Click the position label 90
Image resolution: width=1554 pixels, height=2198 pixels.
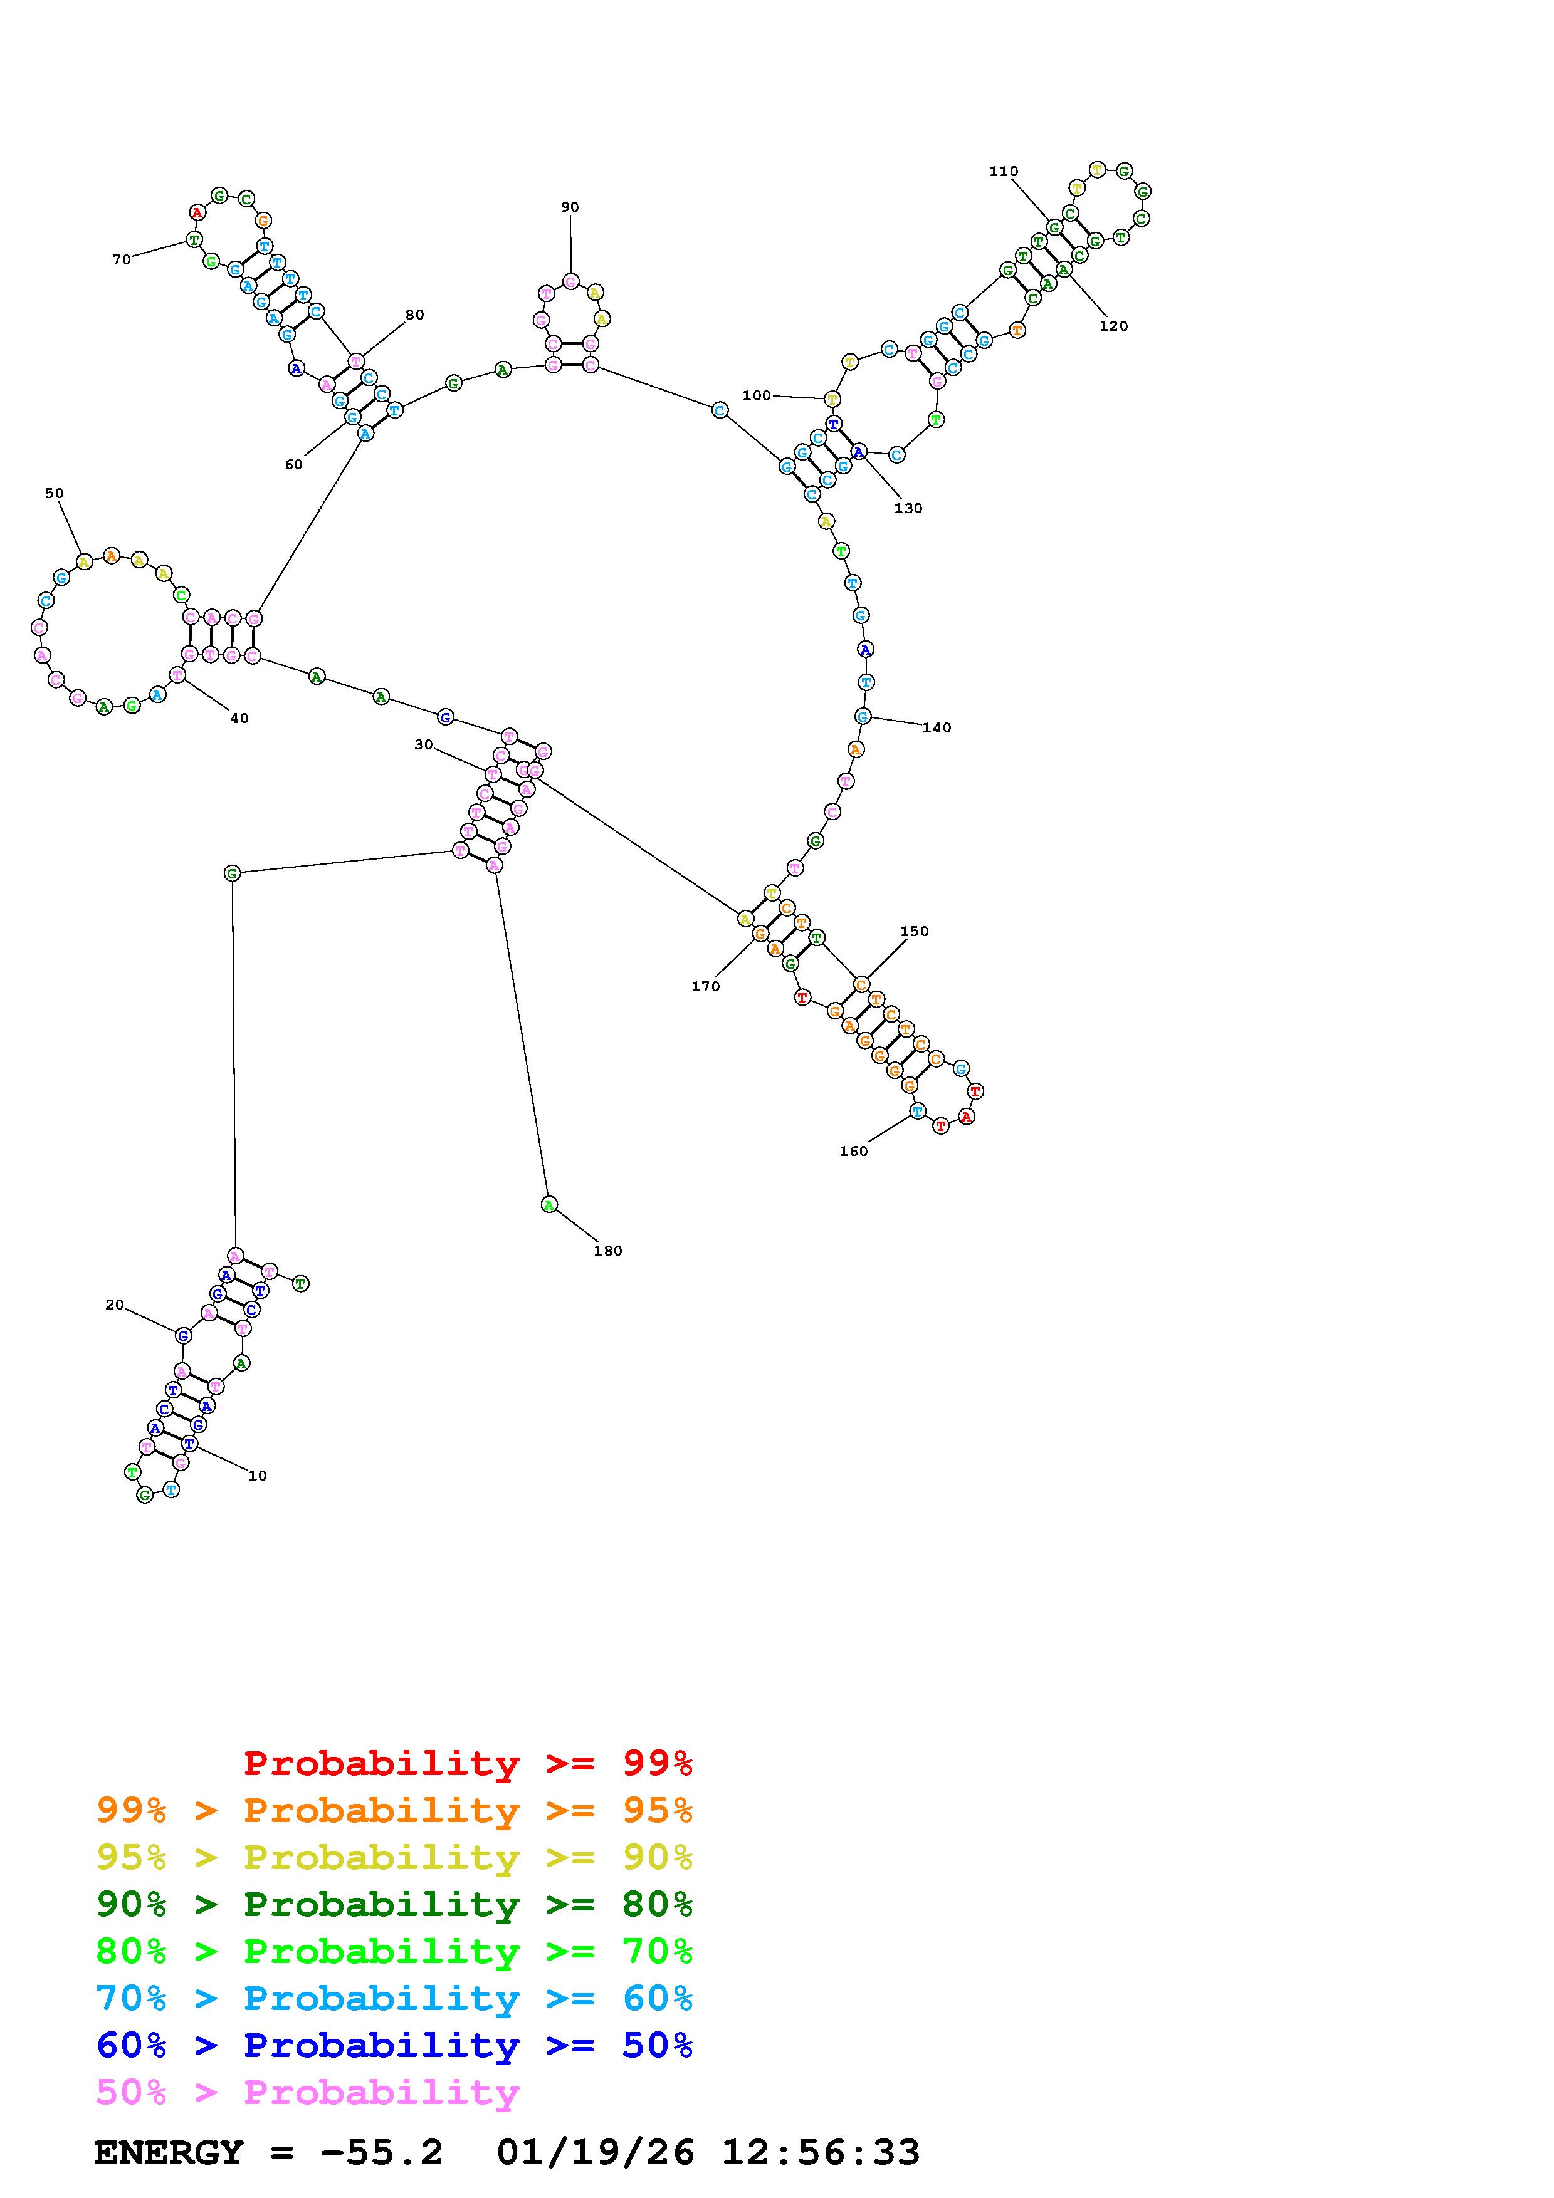point(570,207)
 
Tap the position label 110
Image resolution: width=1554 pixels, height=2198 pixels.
point(1004,171)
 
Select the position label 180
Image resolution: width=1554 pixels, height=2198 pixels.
point(608,1250)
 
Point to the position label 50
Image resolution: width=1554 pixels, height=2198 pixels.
point(55,493)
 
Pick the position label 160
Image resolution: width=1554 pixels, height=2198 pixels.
point(853,1151)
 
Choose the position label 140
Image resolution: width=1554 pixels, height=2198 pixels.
point(937,727)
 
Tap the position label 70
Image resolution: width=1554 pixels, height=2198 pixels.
point(122,259)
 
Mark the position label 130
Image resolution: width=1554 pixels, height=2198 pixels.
point(908,508)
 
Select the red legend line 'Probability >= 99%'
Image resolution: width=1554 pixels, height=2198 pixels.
point(468,1763)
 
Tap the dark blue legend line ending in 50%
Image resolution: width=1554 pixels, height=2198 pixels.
point(394,2045)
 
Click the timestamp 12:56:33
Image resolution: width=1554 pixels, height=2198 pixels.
point(821,2152)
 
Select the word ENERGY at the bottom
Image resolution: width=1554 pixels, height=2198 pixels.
point(169,2152)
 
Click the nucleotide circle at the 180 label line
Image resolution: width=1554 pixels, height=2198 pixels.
point(549,1204)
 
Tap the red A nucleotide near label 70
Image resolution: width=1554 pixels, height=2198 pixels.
point(197,212)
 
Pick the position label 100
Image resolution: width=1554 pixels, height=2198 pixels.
point(757,395)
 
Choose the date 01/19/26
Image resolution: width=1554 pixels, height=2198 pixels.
point(596,2152)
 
